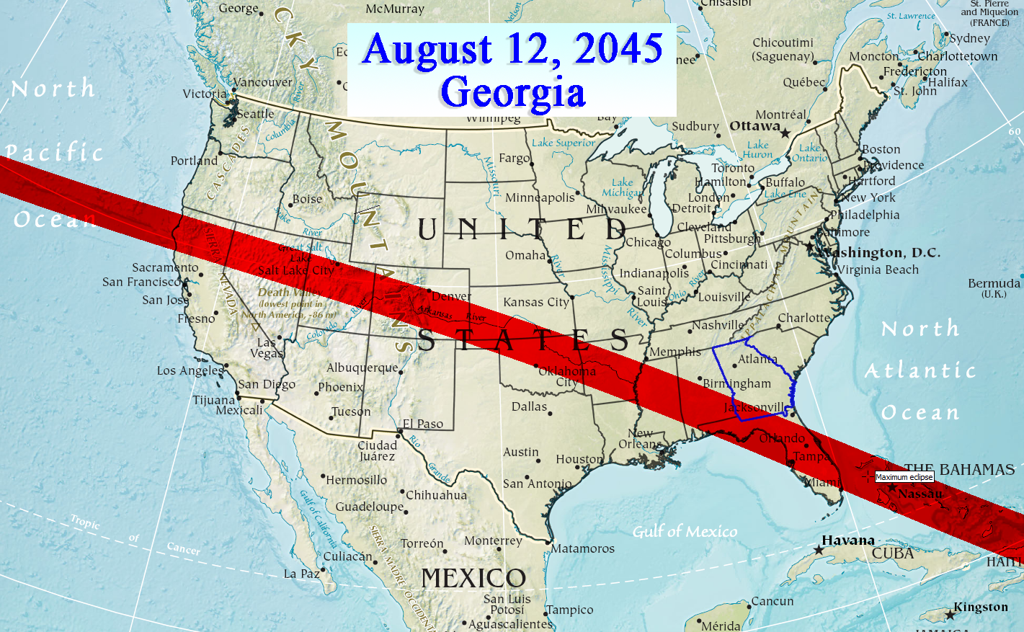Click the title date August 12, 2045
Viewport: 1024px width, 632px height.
point(512,49)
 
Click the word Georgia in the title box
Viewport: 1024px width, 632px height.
point(512,93)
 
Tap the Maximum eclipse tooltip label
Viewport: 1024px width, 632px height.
point(904,477)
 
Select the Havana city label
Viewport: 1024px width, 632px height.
point(848,540)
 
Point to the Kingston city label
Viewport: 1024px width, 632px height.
point(981,607)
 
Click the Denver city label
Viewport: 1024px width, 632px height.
point(451,296)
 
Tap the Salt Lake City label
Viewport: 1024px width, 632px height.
point(296,270)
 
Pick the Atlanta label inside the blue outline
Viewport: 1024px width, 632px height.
point(757,359)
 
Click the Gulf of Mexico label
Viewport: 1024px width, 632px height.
point(685,532)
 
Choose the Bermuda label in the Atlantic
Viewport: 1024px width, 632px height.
point(994,283)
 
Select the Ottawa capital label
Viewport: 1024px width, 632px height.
point(754,126)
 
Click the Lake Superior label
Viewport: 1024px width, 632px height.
point(564,143)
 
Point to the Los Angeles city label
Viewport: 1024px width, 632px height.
point(190,370)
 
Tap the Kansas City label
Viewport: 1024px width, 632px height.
point(535,302)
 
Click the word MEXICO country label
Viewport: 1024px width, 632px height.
point(473,578)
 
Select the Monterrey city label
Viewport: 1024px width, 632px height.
point(493,540)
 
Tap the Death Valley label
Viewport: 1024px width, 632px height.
point(285,293)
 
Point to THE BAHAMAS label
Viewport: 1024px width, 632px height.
point(959,470)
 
